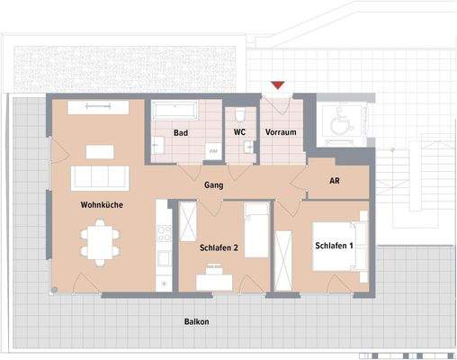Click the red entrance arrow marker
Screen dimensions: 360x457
coord(278,85)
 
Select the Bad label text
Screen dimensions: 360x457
coord(180,132)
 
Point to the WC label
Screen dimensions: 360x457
coord(240,132)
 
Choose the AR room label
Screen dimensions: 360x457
coord(334,181)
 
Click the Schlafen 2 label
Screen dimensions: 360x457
coord(220,247)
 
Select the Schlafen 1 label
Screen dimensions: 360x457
coord(333,246)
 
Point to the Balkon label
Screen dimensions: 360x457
coord(198,320)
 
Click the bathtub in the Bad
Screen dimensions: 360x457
coord(175,111)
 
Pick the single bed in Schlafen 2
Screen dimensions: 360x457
coord(256,230)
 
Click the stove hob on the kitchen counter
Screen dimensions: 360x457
coord(164,232)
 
